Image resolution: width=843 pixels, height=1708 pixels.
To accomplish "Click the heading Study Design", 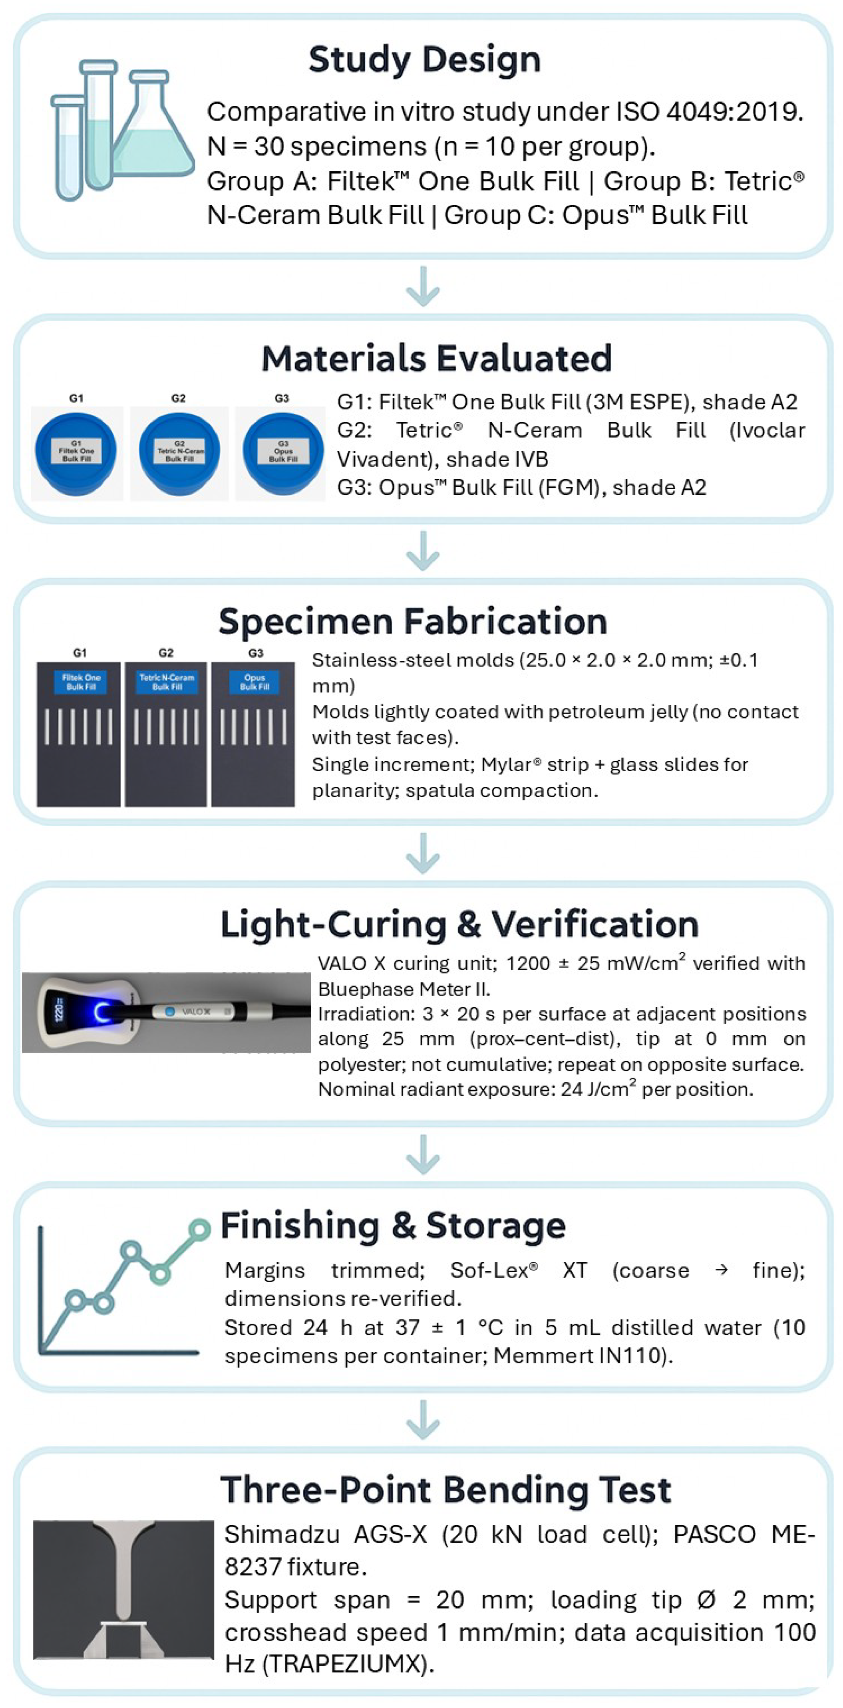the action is (x=424, y=60).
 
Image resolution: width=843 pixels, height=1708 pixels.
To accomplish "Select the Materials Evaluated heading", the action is (x=436, y=359).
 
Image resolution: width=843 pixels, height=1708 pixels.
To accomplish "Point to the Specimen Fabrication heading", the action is (x=413, y=621).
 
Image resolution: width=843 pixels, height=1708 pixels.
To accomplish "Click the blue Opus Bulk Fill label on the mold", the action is (x=254, y=682).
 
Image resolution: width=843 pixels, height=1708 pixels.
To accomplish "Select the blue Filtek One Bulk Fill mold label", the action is (x=81, y=682).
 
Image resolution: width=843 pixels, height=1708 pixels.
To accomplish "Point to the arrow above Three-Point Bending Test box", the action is (x=422, y=1420).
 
